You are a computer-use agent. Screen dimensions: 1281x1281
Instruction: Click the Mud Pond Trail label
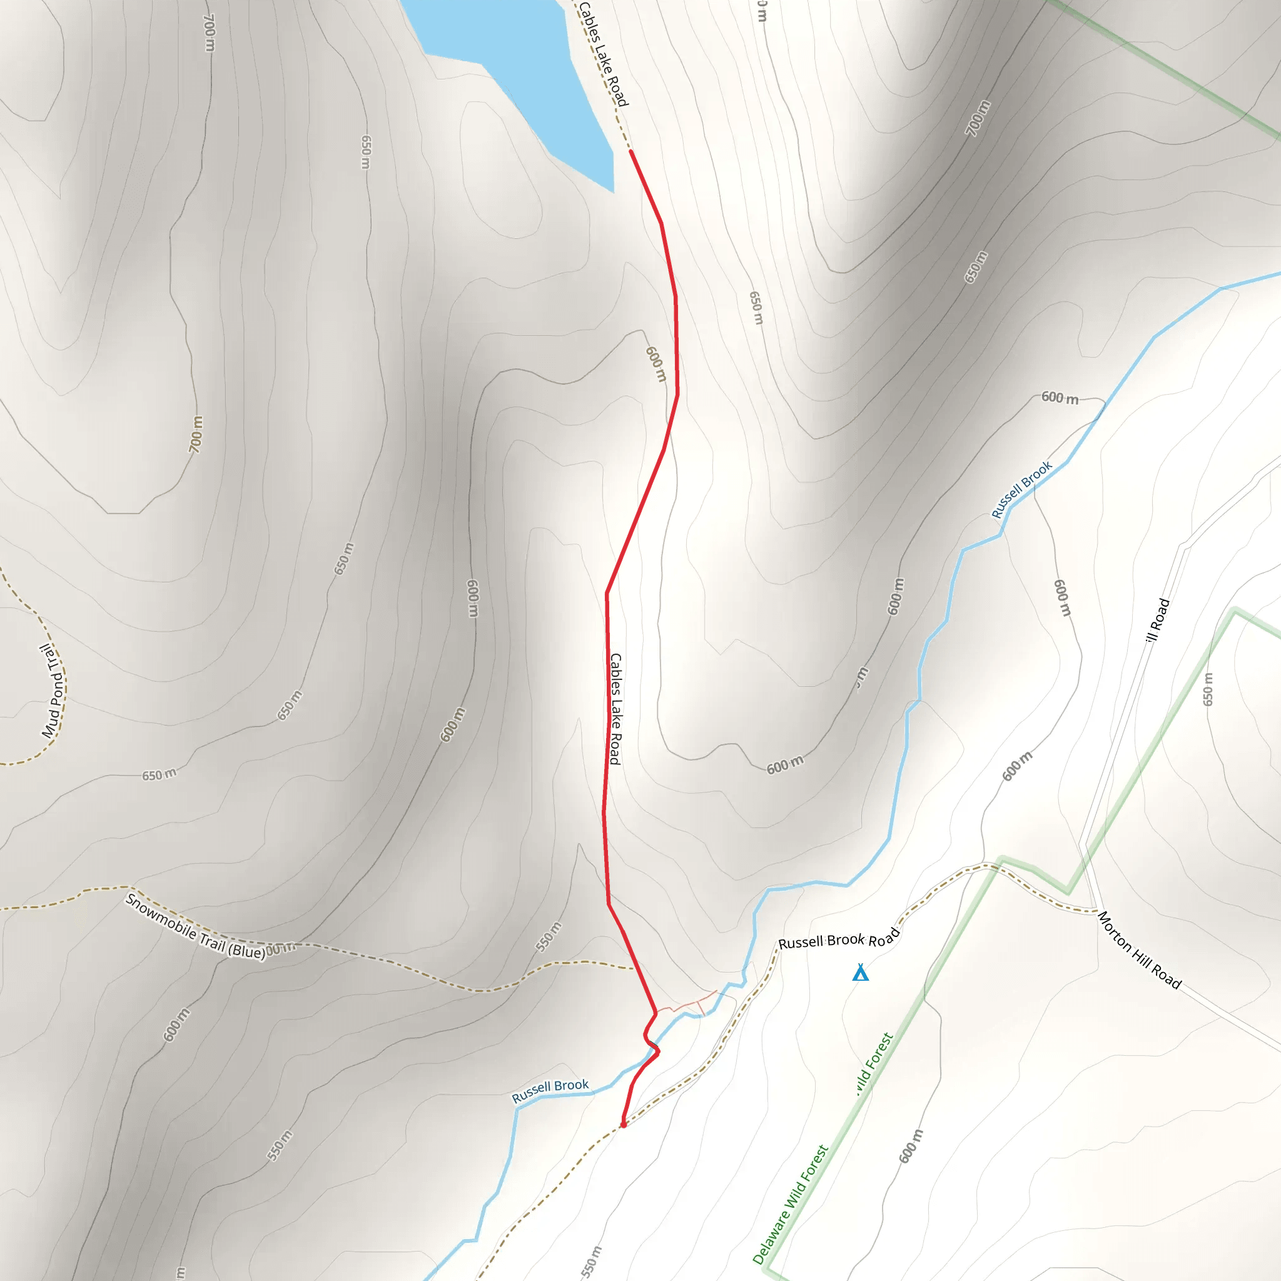(x=54, y=691)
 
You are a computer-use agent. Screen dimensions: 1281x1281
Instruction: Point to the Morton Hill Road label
(x=1139, y=950)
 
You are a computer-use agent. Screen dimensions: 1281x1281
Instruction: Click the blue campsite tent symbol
(x=860, y=973)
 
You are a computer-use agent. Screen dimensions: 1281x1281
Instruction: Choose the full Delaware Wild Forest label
(x=791, y=1204)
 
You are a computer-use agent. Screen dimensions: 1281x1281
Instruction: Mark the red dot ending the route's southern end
(x=623, y=1125)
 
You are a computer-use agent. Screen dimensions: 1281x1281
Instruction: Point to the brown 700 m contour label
(x=196, y=434)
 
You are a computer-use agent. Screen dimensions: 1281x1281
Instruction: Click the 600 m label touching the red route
(x=656, y=364)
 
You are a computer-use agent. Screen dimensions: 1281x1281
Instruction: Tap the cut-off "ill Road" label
(x=1158, y=620)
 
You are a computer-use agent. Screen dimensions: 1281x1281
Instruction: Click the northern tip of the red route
(x=630, y=152)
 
